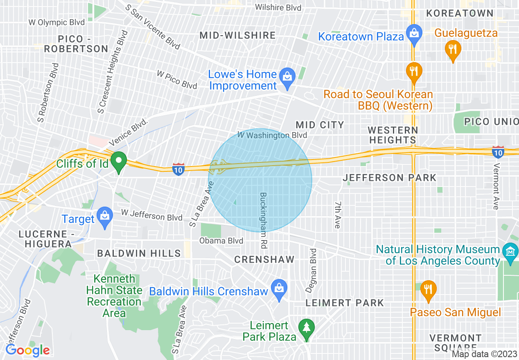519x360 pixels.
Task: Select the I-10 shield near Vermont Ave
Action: [x=498, y=151]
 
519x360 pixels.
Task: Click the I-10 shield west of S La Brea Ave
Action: [x=178, y=169]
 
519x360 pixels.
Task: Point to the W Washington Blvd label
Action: [x=272, y=135]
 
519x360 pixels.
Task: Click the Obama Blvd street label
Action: [x=221, y=241]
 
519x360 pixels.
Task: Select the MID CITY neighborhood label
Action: [x=320, y=125]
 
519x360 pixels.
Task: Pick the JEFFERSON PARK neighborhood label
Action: [x=389, y=178]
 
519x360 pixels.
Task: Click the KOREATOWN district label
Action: [x=460, y=13]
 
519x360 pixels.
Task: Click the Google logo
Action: [x=27, y=350]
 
